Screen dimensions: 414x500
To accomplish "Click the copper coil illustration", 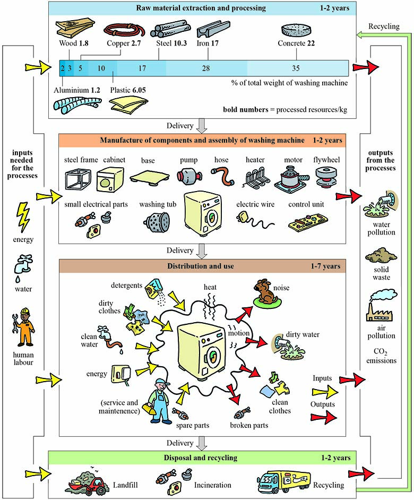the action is (x=124, y=30).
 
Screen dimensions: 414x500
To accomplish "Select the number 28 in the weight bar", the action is (x=206, y=68).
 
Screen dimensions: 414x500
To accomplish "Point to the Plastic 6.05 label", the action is (x=128, y=90).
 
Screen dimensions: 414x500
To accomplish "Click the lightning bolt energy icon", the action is (x=23, y=218).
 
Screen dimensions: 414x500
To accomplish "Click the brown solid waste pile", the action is (x=381, y=256).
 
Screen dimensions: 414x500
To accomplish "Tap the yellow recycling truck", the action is (x=283, y=482).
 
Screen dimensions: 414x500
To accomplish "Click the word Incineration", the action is (x=213, y=485).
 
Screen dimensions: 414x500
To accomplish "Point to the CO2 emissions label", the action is (x=381, y=356).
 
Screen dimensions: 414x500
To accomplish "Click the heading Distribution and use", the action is (x=201, y=266).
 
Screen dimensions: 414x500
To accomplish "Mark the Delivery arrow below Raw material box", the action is (x=202, y=126).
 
